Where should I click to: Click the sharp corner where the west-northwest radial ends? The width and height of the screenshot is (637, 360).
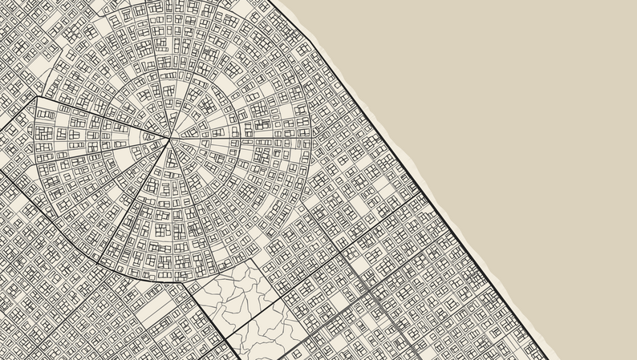34,99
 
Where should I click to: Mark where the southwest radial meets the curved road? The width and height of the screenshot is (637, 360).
97,262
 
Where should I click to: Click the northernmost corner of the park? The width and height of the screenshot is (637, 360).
256,258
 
